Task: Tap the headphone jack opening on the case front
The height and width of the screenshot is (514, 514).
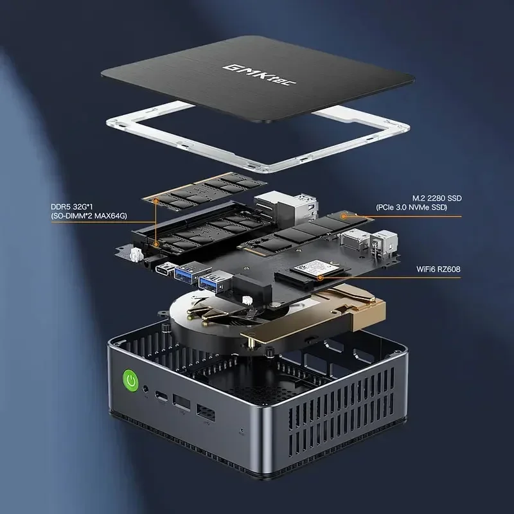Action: pyautogui.click(x=149, y=389)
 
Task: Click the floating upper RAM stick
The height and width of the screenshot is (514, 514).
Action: pyautogui.click(x=199, y=192)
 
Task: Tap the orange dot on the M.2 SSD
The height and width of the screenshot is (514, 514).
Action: pyautogui.click(x=344, y=217)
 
